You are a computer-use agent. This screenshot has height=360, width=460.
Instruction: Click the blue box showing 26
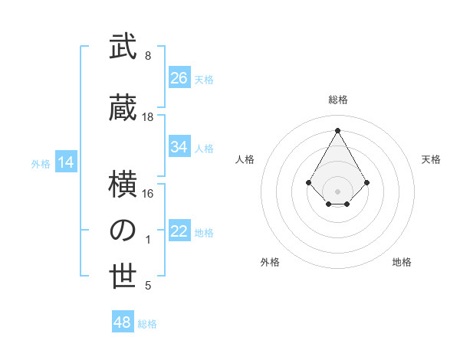click(x=179, y=78)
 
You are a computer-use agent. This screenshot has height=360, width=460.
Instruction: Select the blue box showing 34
click(x=179, y=147)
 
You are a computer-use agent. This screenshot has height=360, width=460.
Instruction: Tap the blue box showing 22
click(x=179, y=232)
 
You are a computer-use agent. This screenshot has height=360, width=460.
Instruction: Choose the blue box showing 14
click(x=65, y=162)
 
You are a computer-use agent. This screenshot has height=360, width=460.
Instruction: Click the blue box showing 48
click(x=123, y=322)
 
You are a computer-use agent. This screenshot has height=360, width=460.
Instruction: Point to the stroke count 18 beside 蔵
click(x=148, y=117)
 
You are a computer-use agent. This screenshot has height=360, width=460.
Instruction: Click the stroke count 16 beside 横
click(x=148, y=193)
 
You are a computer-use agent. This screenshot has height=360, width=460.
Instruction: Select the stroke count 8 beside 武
click(x=148, y=56)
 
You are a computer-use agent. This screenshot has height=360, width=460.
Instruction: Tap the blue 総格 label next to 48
click(x=147, y=324)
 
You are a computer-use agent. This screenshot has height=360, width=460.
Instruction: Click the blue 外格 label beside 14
click(x=41, y=164)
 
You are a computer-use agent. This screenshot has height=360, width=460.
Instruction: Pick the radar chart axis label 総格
click(x=337, y=100)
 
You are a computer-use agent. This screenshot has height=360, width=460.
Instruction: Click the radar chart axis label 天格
click(x=432, y=159)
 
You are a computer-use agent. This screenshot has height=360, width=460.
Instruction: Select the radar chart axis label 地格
click(x=402, y=262)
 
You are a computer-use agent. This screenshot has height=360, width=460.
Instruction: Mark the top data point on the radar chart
click(x=337, y=130)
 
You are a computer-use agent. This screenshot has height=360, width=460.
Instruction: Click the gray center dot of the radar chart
click(x=337, y=191)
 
